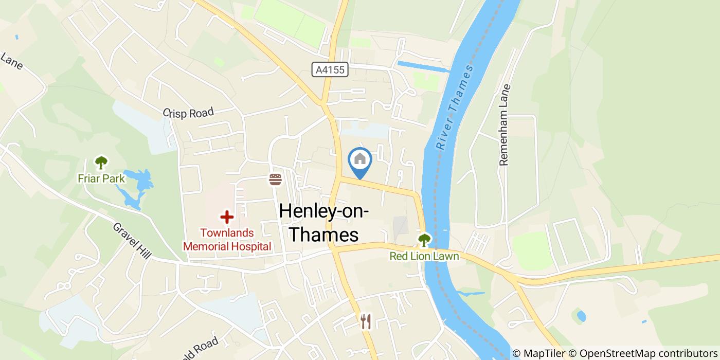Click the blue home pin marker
(360, 160)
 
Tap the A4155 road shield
(330, 70)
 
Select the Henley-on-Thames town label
(323, 222)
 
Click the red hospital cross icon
(227, 217)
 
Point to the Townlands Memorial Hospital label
(227, 240)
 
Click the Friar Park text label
(101, 178)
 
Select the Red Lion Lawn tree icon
(424, 240)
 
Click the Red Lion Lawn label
(424, 256)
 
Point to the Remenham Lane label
(505, 125)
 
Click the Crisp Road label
(188, 113)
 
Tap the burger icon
(276, 179)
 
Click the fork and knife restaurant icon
(366, 322)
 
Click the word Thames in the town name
(323, 235)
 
